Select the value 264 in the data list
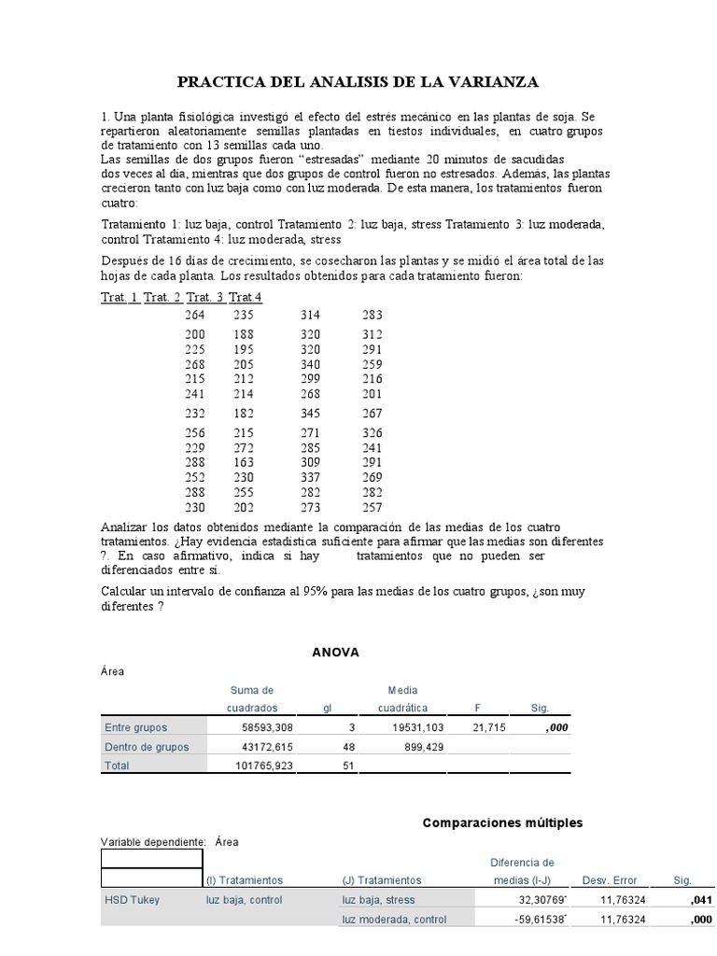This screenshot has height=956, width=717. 194,316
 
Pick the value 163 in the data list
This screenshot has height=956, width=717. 243,461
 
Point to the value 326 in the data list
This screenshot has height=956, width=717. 373,433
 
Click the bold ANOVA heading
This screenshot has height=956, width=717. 335,653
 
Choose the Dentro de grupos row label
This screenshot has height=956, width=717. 147,747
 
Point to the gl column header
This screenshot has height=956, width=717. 328,709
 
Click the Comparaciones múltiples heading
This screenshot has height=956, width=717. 502,822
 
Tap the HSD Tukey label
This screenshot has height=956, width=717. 132,900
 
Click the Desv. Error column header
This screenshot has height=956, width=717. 609,880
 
